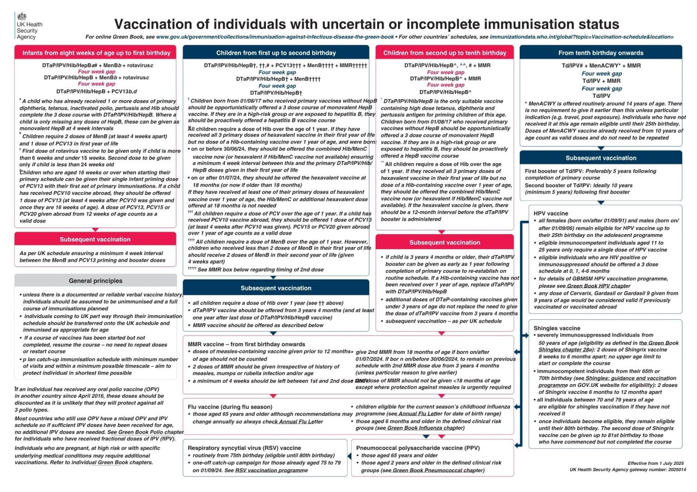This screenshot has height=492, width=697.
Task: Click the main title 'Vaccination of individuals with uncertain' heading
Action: [366, 24]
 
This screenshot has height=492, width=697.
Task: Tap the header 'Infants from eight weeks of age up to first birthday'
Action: [96, 53]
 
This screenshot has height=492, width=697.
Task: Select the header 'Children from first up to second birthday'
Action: [276, 53]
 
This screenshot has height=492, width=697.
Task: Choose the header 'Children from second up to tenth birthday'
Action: [444, 53]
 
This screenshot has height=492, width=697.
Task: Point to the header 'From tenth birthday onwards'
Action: [600, 53]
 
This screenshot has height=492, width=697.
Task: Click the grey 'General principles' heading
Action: [96, 281]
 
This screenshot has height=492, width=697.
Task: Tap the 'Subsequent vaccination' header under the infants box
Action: [95, 239]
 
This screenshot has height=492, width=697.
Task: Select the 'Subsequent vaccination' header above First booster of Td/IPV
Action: [600, 158]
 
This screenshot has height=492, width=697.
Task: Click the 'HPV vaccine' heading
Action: [550, 213]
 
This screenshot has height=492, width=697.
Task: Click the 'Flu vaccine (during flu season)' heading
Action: [230, 407]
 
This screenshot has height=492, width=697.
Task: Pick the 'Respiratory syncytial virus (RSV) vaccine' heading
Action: [244, 448]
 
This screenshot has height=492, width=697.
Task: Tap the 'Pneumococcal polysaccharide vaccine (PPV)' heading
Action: [417, 448]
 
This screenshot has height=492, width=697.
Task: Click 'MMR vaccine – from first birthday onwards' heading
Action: [246, 344]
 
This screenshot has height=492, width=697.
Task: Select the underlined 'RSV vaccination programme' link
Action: [271, 470]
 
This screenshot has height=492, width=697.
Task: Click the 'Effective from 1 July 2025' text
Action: [655, 463]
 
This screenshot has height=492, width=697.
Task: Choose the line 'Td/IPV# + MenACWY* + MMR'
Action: [601, 66]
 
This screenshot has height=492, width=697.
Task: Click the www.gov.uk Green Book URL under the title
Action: [275, 37]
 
